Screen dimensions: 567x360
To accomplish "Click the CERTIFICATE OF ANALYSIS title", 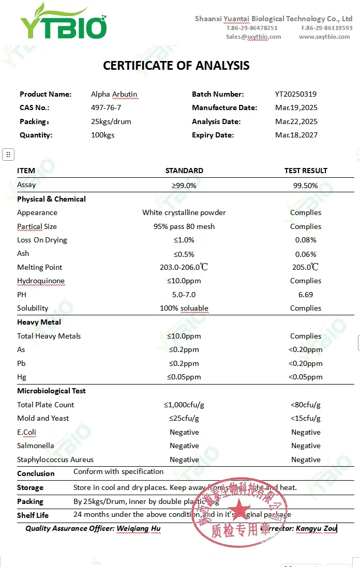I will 176,66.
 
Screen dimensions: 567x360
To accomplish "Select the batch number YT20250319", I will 295,94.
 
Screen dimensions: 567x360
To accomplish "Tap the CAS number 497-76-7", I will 106,108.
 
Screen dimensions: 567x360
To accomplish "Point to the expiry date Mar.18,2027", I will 296,135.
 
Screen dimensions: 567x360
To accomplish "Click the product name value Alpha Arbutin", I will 114,94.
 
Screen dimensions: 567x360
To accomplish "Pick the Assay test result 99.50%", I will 305,185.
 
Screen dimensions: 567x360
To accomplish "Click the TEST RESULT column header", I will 305,171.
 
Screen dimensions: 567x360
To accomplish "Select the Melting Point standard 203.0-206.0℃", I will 184,267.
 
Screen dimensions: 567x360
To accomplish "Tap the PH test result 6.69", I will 305,295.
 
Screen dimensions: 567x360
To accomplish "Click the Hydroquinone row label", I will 41,281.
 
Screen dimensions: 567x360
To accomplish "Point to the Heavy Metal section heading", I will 39,322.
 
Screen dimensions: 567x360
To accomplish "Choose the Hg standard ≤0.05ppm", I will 184,377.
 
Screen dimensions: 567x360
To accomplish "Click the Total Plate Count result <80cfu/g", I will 305,405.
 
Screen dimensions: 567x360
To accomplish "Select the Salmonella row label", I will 36,446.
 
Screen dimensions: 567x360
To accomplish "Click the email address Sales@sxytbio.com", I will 253,37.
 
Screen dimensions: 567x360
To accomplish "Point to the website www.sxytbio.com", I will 324,37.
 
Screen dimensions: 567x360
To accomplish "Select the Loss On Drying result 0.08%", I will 305,240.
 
